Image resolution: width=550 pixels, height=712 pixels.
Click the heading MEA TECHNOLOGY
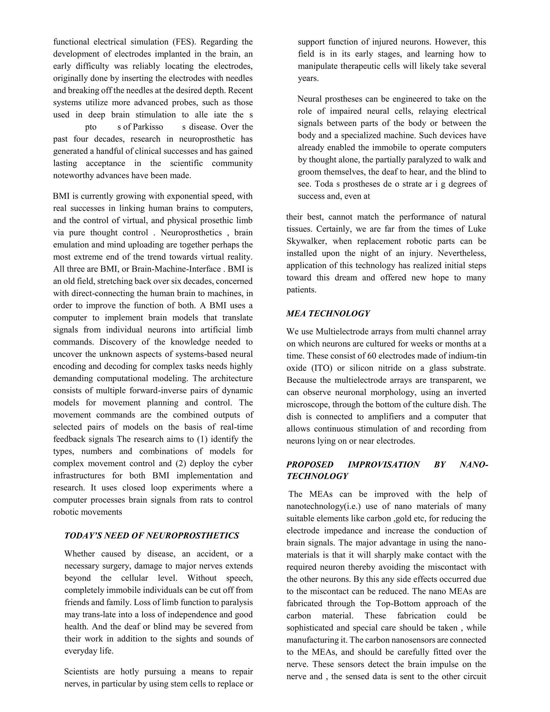tap(328, 314)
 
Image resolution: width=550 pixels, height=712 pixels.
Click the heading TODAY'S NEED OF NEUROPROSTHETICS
tap(151, 536)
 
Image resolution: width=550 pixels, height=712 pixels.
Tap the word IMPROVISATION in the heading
tap(383, 465)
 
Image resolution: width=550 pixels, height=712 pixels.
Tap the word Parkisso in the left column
tap(148, 127)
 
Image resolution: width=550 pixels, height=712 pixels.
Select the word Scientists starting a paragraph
tap(81, 672)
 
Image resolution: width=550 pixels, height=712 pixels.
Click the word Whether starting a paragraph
tap(80, 554)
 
